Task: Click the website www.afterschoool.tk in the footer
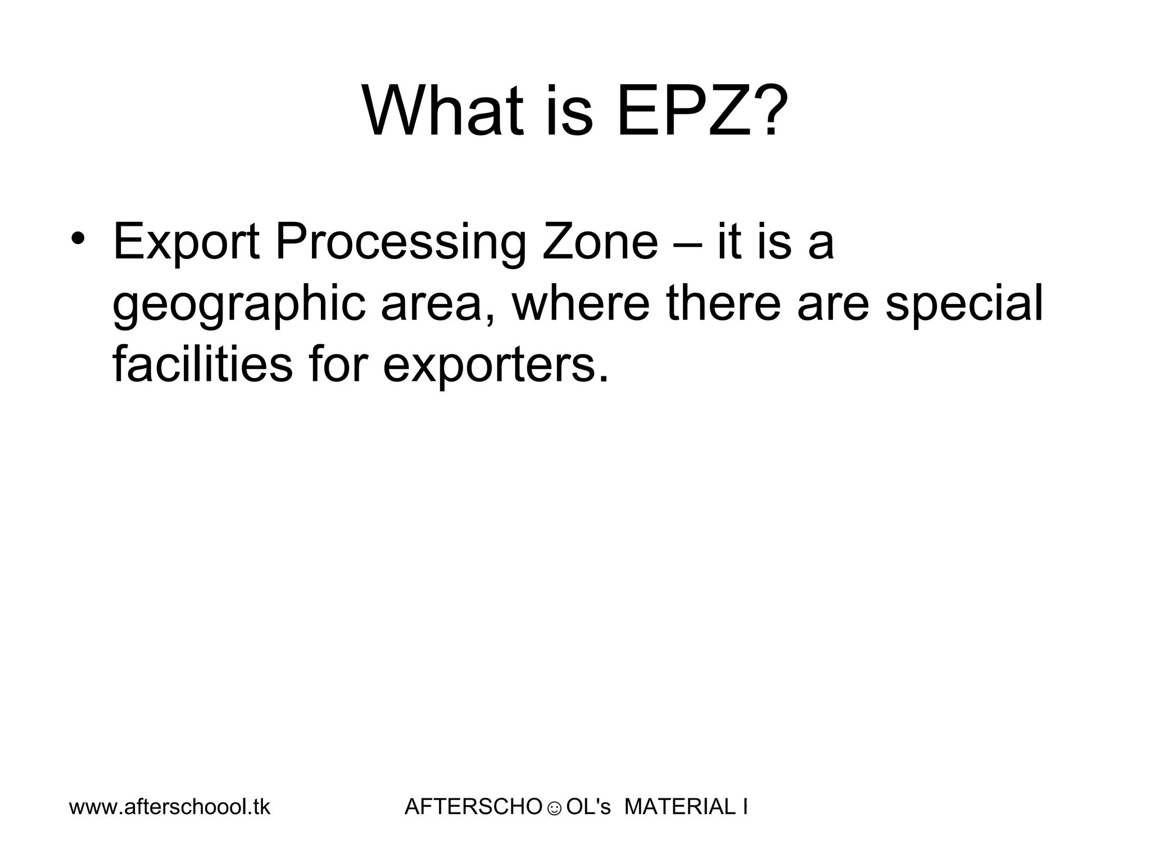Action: tap(170, 807)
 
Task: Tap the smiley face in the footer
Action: tap(554, 809)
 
